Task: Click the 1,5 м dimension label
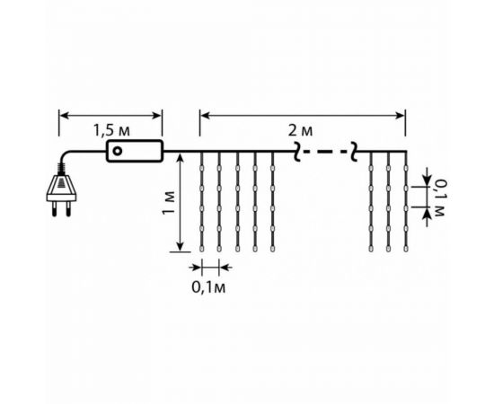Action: tap(111, 130)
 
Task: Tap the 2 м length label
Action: tap(301, 130)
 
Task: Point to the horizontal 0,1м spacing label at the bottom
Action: tap(208, 287)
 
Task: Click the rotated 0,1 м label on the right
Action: tap(438, 198)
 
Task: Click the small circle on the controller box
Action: tap(117, 151)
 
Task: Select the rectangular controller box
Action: tap(135, 151)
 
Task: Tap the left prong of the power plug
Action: tap(55, 209)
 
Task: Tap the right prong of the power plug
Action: tap(68, 209)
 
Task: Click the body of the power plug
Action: tap(61, 189)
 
